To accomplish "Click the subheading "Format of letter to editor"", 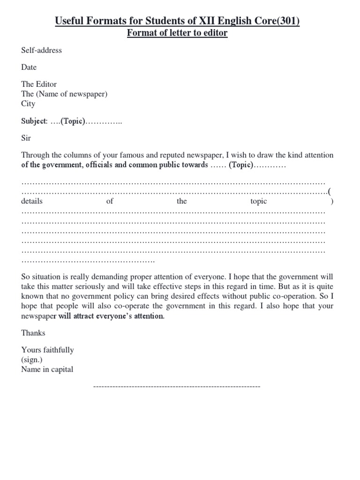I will pos(178,34).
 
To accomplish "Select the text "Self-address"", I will pos(41,50).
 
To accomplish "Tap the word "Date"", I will pos(29,67).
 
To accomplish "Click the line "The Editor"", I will pos(39,84).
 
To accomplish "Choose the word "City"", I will pos(28,104).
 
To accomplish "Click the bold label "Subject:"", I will pos(34,121).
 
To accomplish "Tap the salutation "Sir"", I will pos(26,139).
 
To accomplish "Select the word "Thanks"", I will pos(33,333).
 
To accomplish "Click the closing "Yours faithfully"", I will pos(47,350).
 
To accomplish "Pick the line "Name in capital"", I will pos(47,369).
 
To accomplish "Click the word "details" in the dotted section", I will pos(32,201).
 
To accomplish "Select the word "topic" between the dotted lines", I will pos(259,201).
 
